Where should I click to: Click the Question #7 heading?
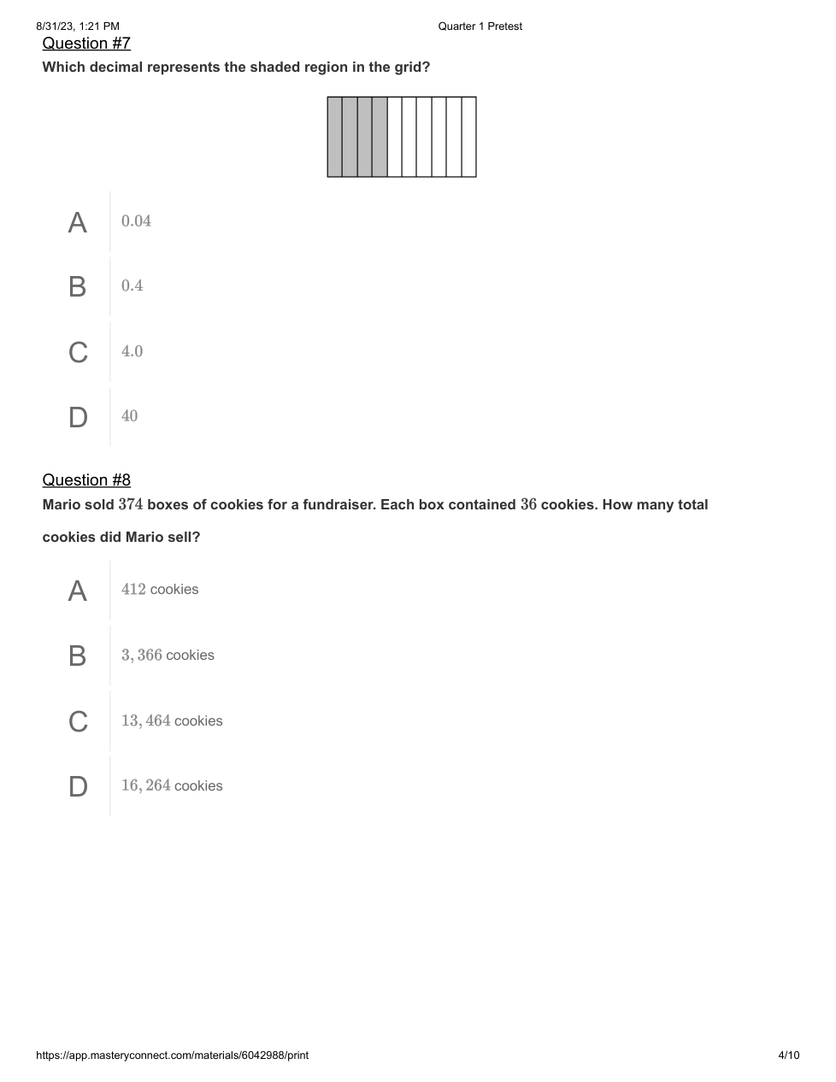[86, 44]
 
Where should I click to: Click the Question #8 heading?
[86, 480]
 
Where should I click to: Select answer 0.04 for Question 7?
[136, 221]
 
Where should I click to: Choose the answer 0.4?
[132, 286]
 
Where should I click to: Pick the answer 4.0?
[132, 351]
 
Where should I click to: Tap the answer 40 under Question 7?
[129, 416]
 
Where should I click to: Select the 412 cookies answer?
[160, 590]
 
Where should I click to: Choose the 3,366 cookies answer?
[168, 656]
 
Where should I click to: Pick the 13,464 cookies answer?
[172, 721]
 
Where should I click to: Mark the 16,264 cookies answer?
[172, 785]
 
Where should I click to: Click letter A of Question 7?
[78, 222]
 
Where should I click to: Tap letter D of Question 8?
[78, 786]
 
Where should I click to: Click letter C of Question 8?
[78, 721]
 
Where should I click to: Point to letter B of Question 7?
[78, 286]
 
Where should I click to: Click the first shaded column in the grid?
[335, 137]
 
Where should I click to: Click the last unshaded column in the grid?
[468, 137]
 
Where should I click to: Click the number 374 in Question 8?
[130, 504]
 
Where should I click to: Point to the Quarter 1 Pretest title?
[480, 26]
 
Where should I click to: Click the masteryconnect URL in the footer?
[172, 1056]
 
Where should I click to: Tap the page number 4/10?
[788, 1056]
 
